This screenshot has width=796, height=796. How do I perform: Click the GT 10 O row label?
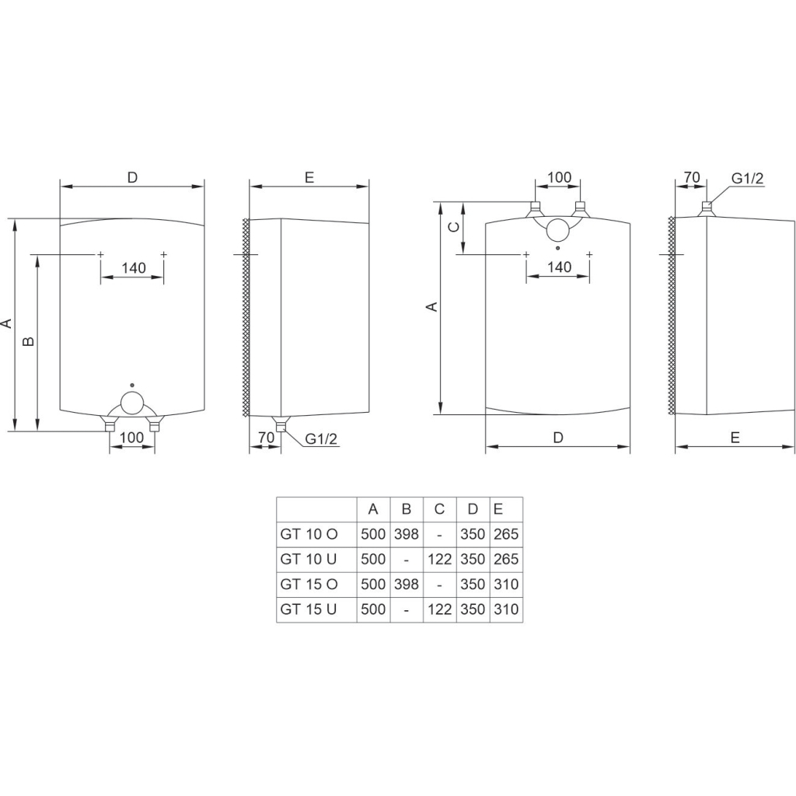[x=309, y=535]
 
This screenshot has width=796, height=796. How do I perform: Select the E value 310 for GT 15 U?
[x=506, y=609]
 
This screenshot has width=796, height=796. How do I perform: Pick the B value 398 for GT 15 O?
[x=407, y=585]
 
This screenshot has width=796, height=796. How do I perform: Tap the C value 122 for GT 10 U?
[x=440, y=560]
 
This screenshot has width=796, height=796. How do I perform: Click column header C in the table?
[x=440, y=510]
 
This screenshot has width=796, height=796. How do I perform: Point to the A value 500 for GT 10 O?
[x=373, y=535]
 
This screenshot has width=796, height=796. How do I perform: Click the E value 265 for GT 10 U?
[x=506, y=560]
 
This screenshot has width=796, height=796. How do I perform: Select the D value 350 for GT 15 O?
[x=473, y=585]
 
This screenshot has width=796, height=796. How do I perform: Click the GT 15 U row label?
[x=309, y=609]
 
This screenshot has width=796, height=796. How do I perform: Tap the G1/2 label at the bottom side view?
[x=321, y=439]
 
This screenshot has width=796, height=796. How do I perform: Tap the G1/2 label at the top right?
[x=747, y=178]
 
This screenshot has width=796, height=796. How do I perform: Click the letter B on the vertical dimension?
[x=29, y=342]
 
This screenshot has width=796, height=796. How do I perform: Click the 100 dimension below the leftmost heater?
[x=132, y=438]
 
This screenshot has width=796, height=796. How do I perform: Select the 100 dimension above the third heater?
[x=559, y=177]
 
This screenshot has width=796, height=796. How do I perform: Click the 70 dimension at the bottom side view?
[x=266, y=438]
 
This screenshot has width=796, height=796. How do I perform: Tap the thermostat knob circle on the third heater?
[x=559, y=229]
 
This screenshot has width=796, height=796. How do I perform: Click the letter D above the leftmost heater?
[x=132, y=177]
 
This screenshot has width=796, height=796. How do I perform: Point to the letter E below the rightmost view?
[x=735, y=438]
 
